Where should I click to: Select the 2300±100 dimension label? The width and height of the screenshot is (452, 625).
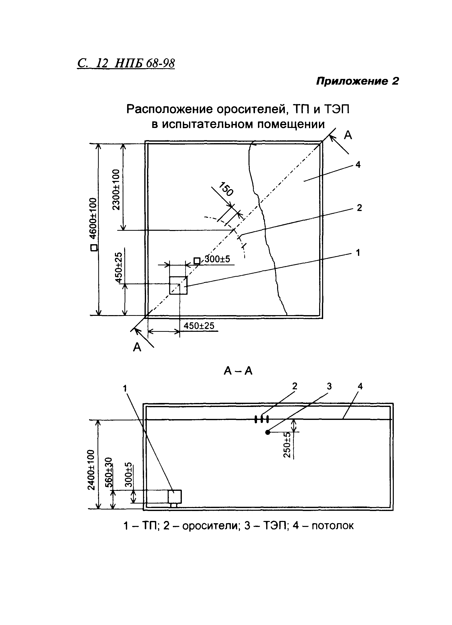click(116, 190)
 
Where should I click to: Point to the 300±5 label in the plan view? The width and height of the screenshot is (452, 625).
click(217, 259)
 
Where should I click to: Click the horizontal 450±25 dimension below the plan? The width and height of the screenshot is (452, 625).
click(199, 326)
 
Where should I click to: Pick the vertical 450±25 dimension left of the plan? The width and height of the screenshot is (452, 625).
click(119, 268)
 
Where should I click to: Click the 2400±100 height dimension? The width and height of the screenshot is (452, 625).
click(91, 470)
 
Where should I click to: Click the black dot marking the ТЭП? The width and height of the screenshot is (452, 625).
click(267, 432)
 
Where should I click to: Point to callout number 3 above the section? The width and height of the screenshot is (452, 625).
click(329, 386)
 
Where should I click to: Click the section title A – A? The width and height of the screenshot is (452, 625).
click(238, 371)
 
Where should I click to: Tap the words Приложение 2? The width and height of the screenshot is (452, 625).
click(357, 81)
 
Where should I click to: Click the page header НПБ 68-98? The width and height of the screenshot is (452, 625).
click(144, 63)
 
